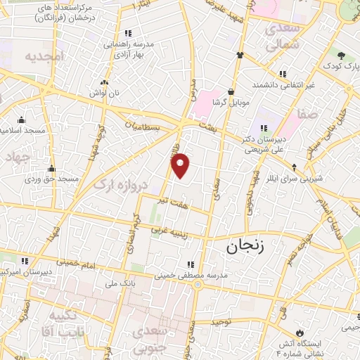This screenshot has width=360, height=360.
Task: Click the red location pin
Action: (x=181, y=165)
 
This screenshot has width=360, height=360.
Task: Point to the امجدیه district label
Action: (x=44, y=56)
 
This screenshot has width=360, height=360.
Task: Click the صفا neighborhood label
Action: (x=307, y=112)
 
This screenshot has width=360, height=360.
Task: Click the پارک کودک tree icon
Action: (x=341, y=56)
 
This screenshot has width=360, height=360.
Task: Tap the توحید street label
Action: (x=222, y=321)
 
